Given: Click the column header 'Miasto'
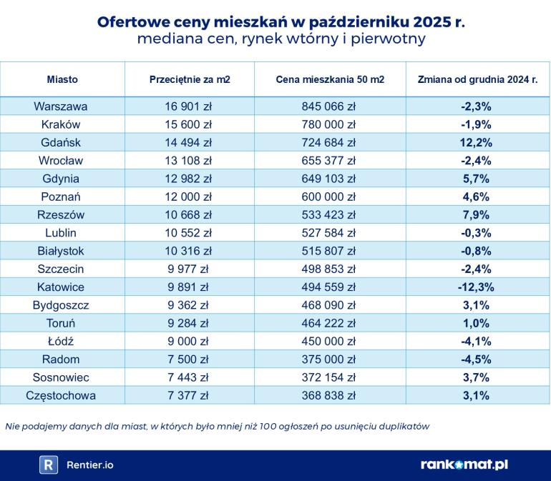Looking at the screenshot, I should (62, 79).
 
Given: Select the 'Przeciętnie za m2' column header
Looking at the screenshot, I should (190, 79).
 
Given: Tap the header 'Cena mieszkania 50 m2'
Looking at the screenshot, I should (330, 79).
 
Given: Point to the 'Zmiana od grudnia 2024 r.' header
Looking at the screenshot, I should (477, 79).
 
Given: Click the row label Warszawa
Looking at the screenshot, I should (61, 106).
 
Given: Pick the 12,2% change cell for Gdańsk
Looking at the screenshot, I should (476, 142).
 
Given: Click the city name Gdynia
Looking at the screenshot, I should (61, 179).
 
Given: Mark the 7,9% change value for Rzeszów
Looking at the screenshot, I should (476, 214).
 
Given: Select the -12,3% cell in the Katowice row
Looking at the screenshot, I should (476, 287).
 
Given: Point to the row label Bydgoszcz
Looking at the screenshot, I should (61, 305).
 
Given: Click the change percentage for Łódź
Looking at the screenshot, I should (476, 341).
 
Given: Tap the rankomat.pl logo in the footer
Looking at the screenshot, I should (464, 465).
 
